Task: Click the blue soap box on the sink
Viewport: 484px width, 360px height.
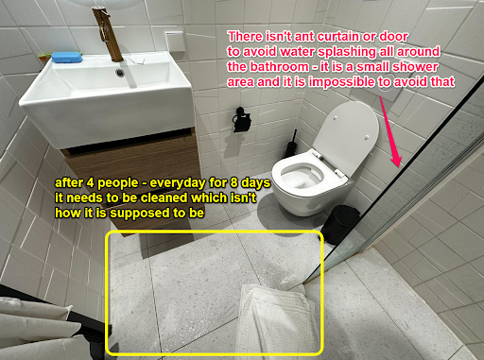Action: [x=67, y=58]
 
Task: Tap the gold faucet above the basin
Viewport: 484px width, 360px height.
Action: [x=107, y=34]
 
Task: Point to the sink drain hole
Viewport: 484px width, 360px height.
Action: [x=120, y=73]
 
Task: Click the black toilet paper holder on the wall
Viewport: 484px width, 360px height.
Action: [x=241, y=120]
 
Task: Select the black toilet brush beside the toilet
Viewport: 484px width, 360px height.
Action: [x=292, y=145]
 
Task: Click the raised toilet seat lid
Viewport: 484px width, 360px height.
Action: [x=347, y=132]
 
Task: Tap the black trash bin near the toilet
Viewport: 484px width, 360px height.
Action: [x=340, y=223]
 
